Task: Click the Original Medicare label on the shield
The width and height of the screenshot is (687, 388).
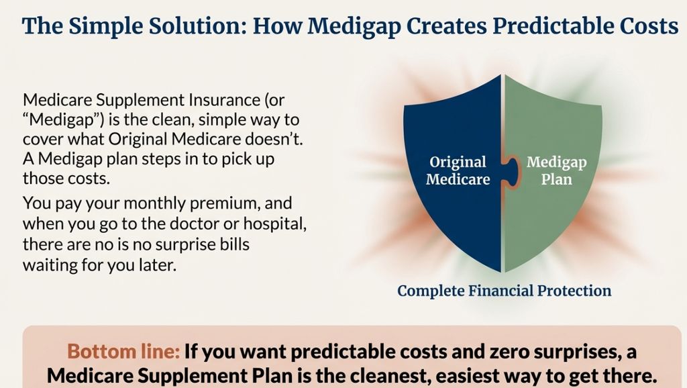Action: (x=458, y=171)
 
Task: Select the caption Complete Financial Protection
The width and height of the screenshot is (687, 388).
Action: (x=504, y=291)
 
